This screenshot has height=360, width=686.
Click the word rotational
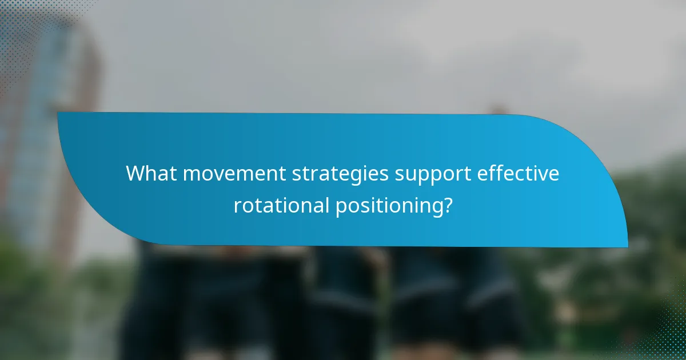(x=281, y=205)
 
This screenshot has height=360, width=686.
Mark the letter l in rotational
(x=325, y=203)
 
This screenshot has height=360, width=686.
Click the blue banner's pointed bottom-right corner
(x=627, y=246)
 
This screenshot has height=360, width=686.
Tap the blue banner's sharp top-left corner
(x=58, y=113)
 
